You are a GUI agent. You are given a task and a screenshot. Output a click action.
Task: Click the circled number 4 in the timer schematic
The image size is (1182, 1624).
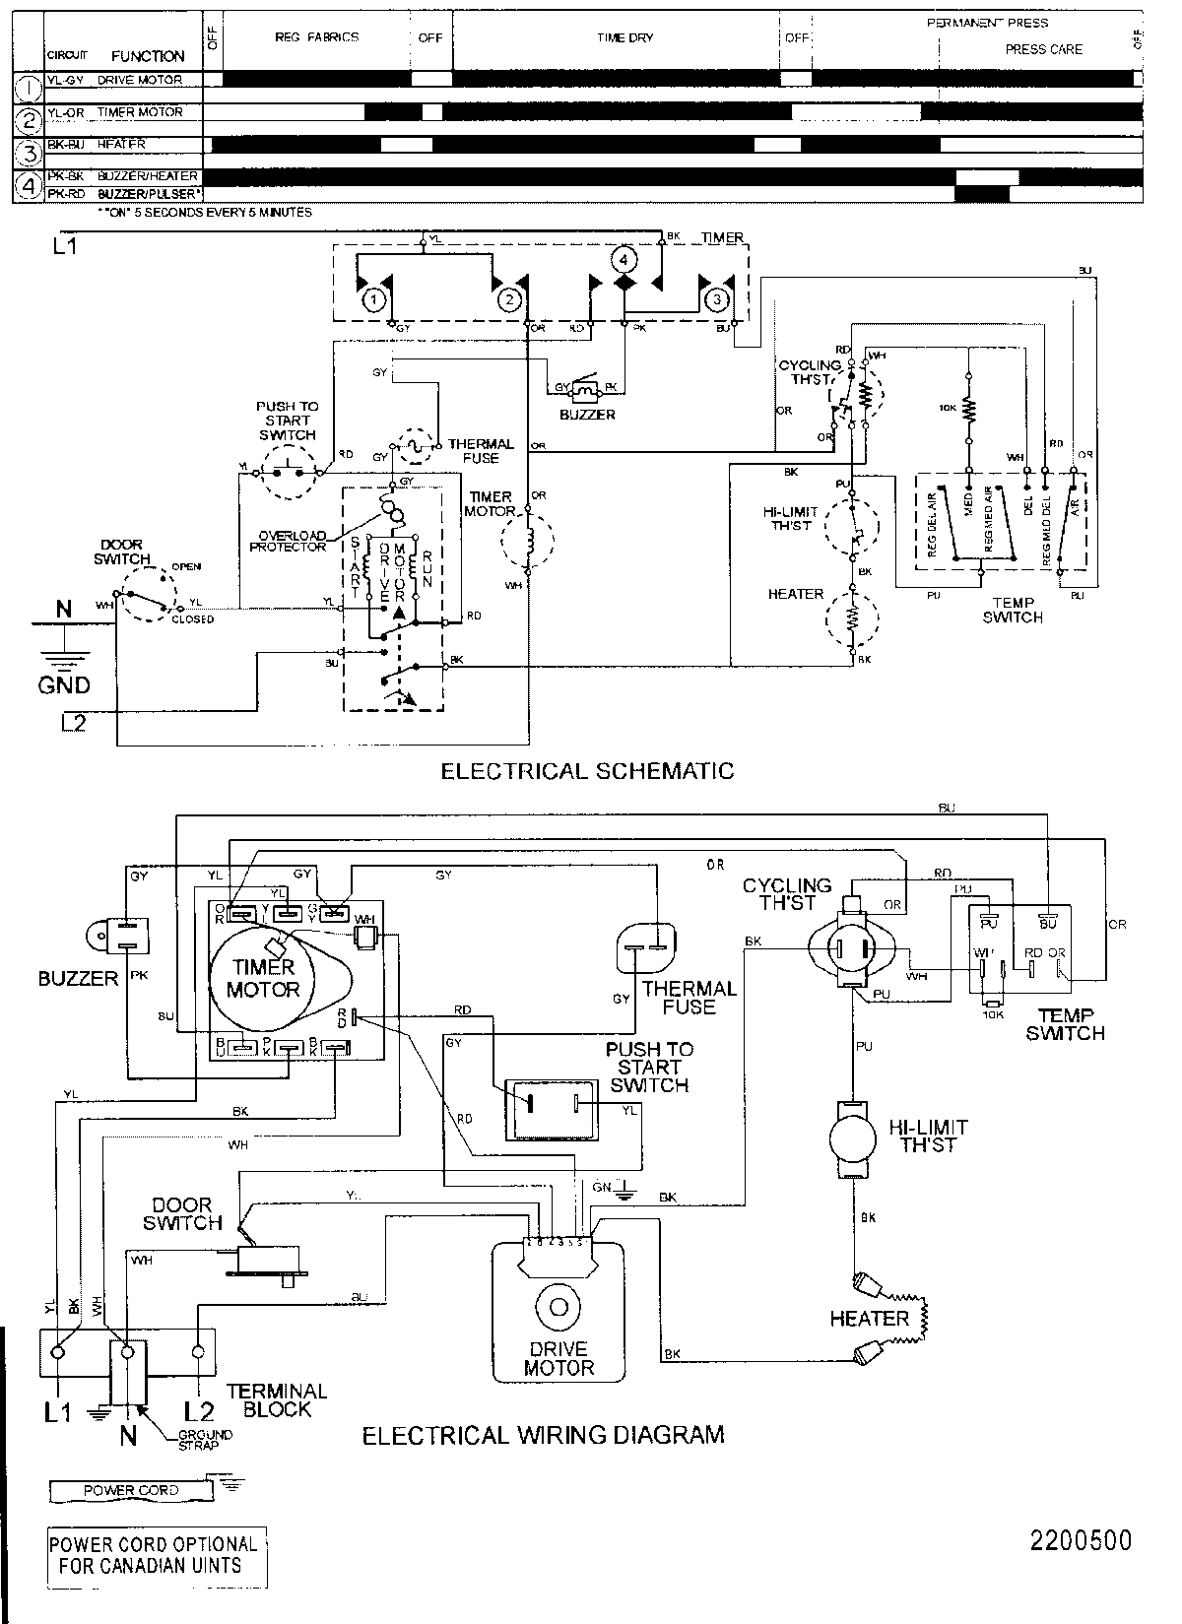coord(624,259)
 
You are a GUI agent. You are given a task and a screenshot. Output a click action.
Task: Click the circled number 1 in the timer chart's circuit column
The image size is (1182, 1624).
coord(30,88)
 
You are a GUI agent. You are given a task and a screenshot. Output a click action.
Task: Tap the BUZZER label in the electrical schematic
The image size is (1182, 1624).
coord(587,415)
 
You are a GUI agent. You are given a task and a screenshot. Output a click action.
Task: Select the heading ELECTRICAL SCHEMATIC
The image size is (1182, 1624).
coord(587,770)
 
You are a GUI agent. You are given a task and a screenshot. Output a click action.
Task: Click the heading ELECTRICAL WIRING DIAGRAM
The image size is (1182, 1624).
coord(544,1435)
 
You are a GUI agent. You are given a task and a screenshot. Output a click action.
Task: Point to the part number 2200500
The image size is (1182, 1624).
coord(1081,1540)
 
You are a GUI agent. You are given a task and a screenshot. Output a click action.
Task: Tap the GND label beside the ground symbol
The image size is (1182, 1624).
coord(64,685)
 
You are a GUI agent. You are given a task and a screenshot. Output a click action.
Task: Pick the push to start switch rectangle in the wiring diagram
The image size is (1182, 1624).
coord(552,1109)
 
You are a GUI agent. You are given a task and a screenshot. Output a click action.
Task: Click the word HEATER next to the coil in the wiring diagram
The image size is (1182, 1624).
coord(869,1318)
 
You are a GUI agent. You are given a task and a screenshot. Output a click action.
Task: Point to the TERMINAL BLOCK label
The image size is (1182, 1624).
coord(277,1399)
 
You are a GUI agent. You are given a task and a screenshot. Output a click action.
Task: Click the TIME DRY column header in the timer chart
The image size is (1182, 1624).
coord(624,38)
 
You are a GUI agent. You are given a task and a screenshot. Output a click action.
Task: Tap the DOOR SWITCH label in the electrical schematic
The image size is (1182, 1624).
coord(122,552)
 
